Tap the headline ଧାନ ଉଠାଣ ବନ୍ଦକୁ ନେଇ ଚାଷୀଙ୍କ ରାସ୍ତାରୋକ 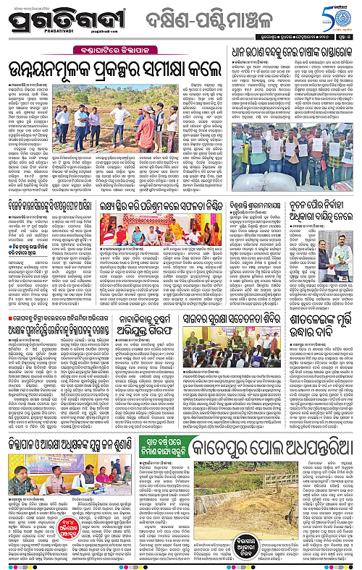coord(289,52)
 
